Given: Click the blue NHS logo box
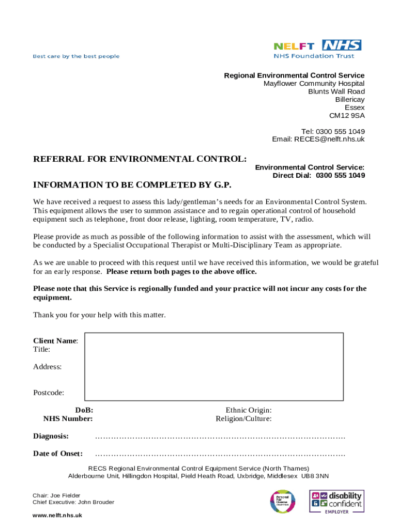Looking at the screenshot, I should [x=341, y=45].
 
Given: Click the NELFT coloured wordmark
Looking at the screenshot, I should [x=293, y=46].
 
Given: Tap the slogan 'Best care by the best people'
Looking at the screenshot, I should [x=76, y=56].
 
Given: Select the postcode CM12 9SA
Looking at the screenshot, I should [x=347, y=116].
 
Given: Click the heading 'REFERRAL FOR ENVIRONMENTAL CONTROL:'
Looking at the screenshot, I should [x=140, y=159].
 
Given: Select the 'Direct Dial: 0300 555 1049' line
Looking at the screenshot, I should [x=318, y=176].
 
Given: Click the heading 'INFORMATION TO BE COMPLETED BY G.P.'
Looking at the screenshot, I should [x=132, y=184].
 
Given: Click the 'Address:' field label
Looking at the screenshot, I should [x=48, y=367].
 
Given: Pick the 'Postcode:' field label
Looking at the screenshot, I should [x=49, y=393].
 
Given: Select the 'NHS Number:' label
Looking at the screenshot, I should [x=68, y=419].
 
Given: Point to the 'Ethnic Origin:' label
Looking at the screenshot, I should [x=249, y=410].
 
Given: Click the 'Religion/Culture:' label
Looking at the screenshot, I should [x=243, y=419].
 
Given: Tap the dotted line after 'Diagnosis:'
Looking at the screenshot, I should [x=220, y=437].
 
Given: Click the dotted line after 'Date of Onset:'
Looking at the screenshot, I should [x=220, y=454].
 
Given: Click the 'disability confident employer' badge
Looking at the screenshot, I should [x=336, y=501].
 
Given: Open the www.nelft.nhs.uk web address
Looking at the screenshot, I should [x=57, y=516].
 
